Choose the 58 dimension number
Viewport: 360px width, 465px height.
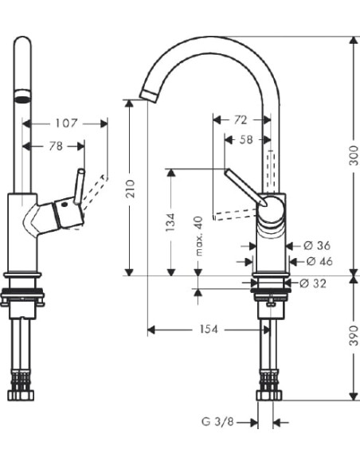coord(247,140)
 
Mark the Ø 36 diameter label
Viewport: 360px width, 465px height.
coord(316,246)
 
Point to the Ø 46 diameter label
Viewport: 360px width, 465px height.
coord(318,261)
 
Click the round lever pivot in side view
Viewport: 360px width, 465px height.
coord(271,209)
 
